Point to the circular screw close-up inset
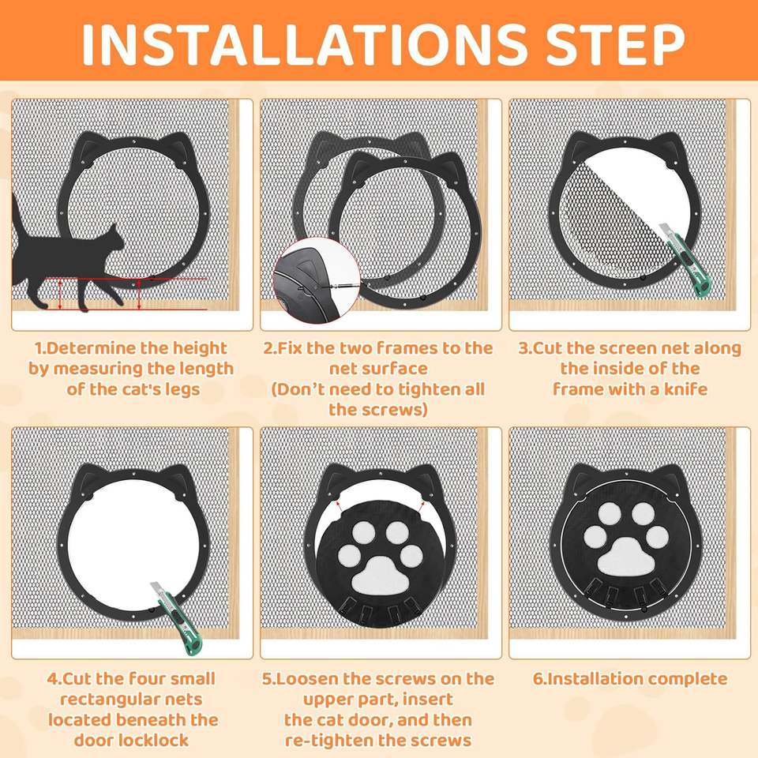317,280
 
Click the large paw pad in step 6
626,557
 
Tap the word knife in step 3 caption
686,389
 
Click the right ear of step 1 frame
179,150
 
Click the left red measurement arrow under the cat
60,294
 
